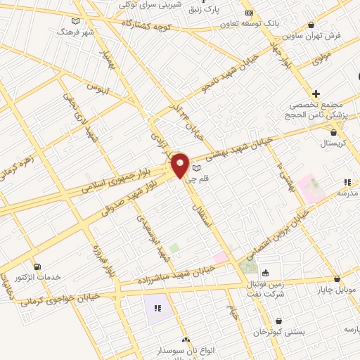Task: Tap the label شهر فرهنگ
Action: tap(77, 32)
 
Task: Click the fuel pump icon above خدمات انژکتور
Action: tap(37, 266)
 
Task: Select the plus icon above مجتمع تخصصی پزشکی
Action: tap(316, 94)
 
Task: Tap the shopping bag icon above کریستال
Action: tap(333, 132)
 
